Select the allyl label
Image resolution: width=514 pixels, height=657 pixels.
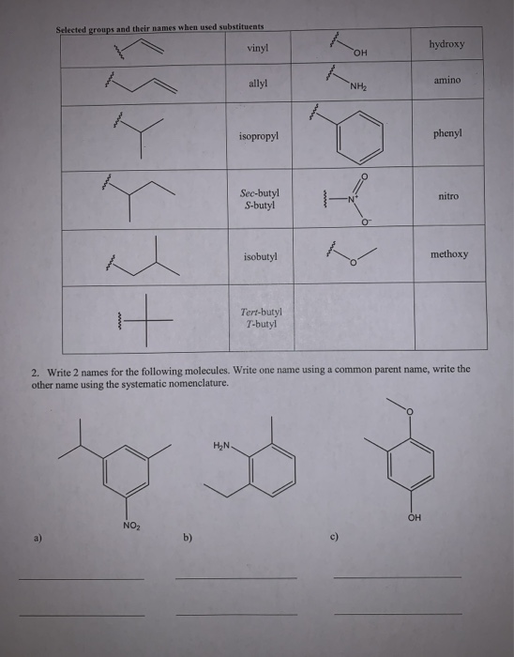(257, 84)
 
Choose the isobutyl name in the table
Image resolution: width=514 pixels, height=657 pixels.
(259, 255)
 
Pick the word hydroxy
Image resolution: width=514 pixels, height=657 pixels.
(446, 43)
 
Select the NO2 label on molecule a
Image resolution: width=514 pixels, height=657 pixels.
(131, 525)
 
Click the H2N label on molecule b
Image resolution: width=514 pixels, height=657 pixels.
(222, 445)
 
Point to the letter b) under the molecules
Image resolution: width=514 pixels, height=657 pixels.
(188, 540)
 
